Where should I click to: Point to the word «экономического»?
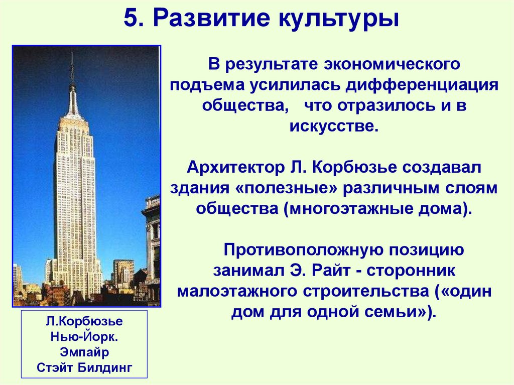click(x=393, y=65)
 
